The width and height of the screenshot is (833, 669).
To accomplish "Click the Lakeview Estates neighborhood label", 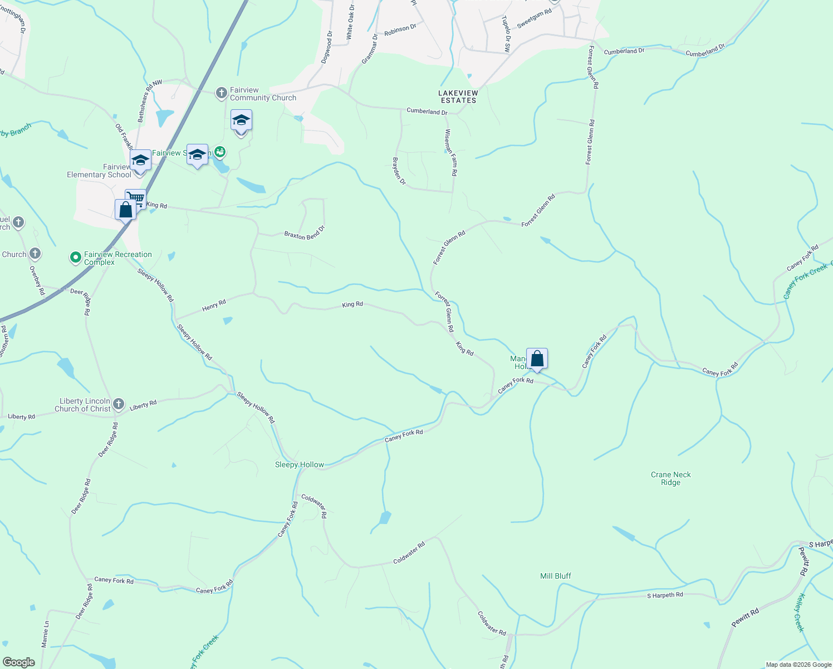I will click(458, 96).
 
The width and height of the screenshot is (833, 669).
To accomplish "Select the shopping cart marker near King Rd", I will click(136, 198).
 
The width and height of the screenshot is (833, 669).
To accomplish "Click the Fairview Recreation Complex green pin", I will click(75, 258).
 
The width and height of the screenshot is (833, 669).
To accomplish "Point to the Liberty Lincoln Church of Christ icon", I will click(118, 404).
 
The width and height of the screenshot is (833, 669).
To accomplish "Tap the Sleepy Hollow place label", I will click(300, 465).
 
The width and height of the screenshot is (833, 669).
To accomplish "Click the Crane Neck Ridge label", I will click(670, 478).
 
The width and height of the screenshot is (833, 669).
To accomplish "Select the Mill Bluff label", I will click(556, 576).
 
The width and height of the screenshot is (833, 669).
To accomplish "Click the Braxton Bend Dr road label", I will click(304, 232).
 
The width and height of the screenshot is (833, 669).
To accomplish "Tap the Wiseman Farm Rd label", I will click(450, 153).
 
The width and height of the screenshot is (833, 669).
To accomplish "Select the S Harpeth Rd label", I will click(665, 595).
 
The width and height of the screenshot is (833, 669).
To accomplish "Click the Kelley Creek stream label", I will click(801, 612).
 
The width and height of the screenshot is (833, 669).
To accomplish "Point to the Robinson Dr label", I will click(400, 30).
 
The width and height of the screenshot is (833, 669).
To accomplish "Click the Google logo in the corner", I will click(19, 662).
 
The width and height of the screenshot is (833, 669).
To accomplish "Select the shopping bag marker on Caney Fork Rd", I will click(537, 358).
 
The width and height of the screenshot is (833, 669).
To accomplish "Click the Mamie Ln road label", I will click(45, 634).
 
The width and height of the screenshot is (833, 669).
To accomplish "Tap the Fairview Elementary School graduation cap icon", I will click(140, 161).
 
